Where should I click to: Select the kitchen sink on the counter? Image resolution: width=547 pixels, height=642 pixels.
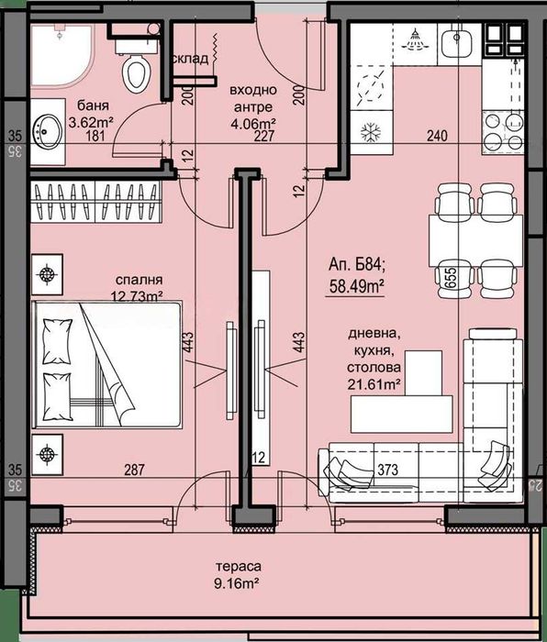454,44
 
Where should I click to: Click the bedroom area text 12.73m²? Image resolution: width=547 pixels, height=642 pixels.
140,294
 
